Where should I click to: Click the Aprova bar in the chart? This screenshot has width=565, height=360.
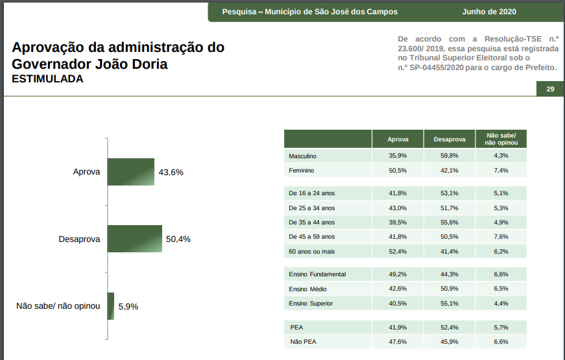click(130, 172)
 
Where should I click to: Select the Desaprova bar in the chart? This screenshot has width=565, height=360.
click(134, 239)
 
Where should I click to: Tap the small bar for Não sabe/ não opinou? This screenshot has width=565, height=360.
click(110, 306)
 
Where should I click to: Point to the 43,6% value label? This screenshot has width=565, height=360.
click(171, 173)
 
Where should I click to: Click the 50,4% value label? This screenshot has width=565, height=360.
click(178, 239)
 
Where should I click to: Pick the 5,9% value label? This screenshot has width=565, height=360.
click(128, 306)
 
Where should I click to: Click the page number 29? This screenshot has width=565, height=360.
click(550, 90)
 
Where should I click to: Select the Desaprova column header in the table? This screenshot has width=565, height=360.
click(450, 139)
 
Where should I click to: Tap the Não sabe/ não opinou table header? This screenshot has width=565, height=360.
click(501, 139)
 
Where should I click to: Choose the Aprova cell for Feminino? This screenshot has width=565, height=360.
click(398, 171)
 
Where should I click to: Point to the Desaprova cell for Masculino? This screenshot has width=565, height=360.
click(449, 156)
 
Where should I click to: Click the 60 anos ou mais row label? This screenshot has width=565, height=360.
click(312, 251)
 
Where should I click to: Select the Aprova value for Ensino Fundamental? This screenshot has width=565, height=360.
click(398, 274)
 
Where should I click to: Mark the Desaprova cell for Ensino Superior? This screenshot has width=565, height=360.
click(449, 303)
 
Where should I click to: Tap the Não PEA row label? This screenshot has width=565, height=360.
click(304, 341)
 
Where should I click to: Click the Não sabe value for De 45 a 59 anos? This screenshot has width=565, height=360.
click(501, 237)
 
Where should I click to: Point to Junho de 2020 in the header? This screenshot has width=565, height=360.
click(489, 12)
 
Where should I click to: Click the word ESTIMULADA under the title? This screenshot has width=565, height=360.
click(47, 79)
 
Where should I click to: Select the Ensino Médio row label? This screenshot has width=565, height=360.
click(307, 289)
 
